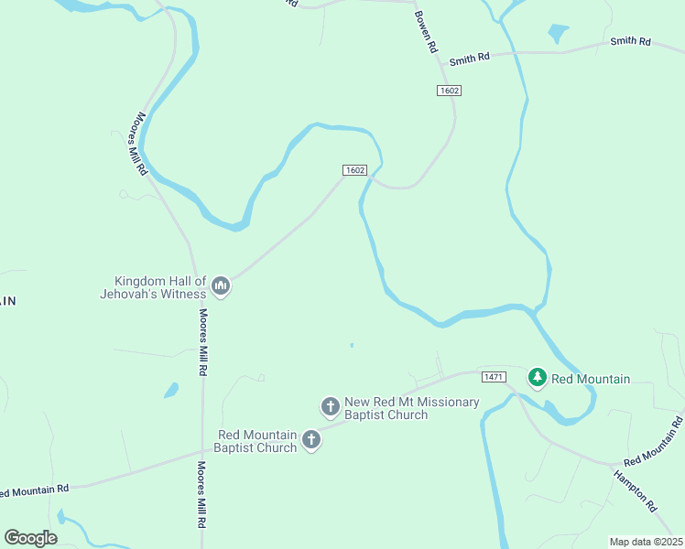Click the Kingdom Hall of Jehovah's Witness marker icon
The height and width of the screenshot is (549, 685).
(220, 287)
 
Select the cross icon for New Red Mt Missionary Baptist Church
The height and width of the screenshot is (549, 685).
(331, 405)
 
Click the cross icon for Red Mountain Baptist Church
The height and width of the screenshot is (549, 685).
(311, 440)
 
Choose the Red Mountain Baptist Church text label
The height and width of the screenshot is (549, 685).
(256, 441)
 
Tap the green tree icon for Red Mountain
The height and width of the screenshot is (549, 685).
(538, 377)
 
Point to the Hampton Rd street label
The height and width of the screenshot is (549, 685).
(635, 490)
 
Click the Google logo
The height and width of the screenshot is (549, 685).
(31, 538)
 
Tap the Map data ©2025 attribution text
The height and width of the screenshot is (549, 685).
(646, 542)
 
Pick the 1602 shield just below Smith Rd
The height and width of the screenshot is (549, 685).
(448, 90)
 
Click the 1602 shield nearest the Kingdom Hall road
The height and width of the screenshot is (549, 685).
(355, 170)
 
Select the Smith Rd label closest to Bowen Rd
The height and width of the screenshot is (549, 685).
(469, 58)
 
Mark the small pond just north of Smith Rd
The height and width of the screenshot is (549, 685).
(558, 34)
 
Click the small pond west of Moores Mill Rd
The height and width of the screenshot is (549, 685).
(171, 390)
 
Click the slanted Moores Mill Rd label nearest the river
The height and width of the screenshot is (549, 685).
(139, 144)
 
